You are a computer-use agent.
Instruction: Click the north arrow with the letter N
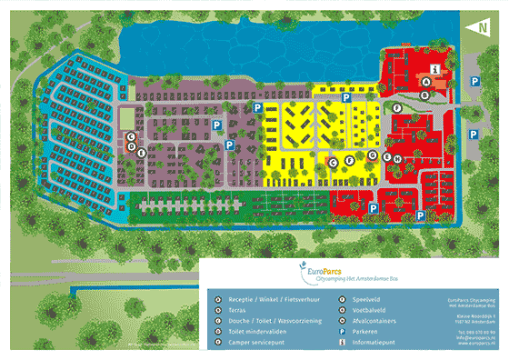tap(479, 27)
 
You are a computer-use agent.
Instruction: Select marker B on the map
tap(424, 92)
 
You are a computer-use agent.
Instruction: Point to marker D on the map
tap(132, 146)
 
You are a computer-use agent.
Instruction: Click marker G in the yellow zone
tap(373, 155)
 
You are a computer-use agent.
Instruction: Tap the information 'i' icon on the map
tap(436, 69)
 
